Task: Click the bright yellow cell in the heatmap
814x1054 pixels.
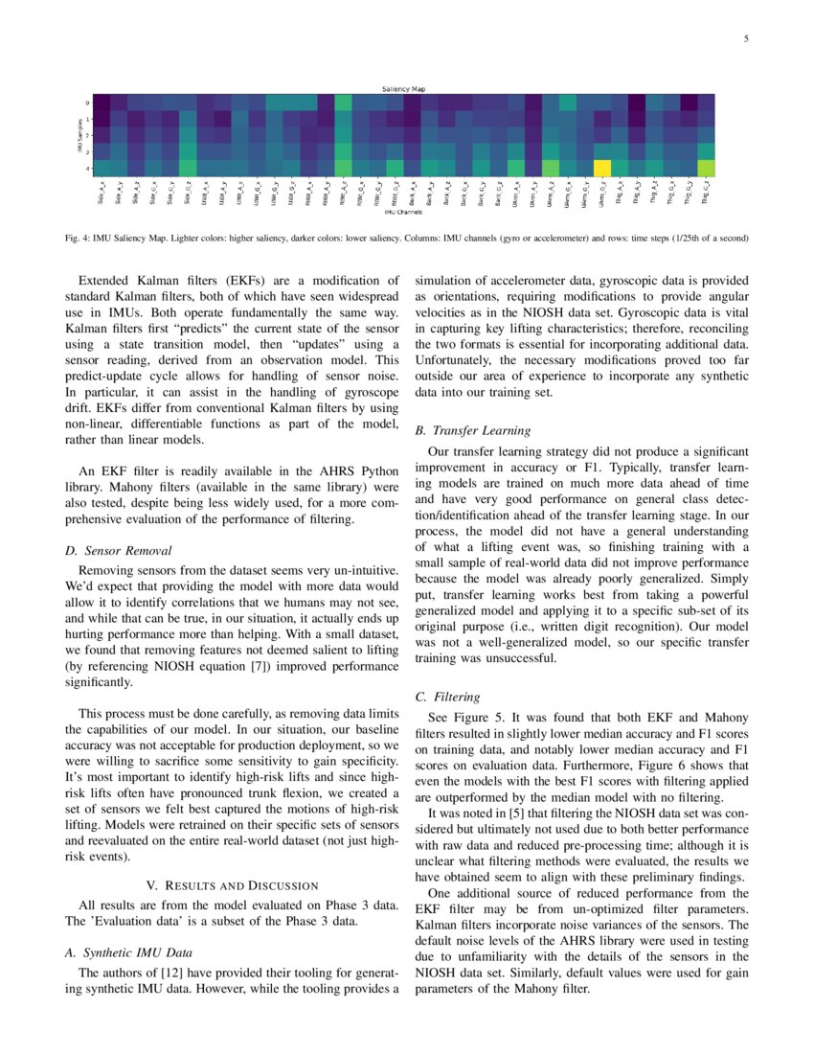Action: pos(601,169)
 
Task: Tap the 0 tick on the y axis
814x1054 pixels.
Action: pos(88,103)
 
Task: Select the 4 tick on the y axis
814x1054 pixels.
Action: pos(88,169)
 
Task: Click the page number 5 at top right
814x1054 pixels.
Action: pos(744,38)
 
